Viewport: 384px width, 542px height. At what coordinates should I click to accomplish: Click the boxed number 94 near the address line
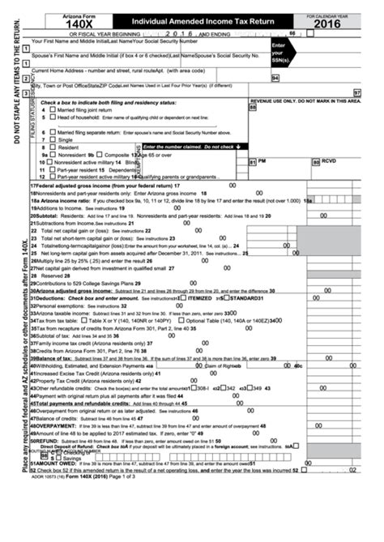[x=276, y=78]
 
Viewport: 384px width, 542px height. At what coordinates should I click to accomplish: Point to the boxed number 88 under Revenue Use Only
[x=253, y=107]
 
